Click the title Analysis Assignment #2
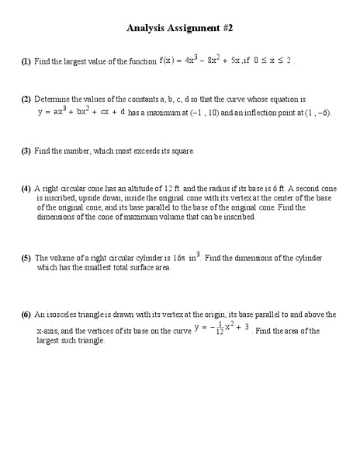[x=179, y=28]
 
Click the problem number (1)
[x=26, y=61]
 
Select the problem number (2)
[x=26, y=99]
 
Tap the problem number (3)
[x=26, y=151]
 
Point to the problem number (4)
[x=26, y=189]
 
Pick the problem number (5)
[x=26, y=257]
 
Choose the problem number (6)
[x=26, y=315]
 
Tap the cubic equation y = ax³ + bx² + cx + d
[x=81, y=112]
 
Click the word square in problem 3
[x=184, y=151]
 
